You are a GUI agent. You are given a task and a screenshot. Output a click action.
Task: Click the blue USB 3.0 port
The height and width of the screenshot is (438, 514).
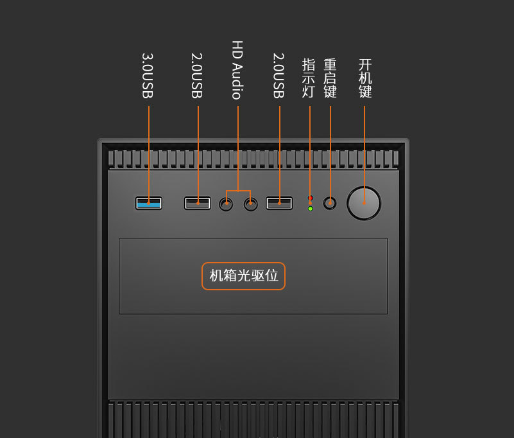point(148,203)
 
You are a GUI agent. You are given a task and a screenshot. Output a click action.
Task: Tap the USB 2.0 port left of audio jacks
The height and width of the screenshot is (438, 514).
point(197,203)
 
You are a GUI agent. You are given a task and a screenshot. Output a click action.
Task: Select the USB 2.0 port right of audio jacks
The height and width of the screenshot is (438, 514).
point(279,203)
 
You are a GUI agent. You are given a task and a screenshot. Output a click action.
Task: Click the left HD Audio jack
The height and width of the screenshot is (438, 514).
point(226,204)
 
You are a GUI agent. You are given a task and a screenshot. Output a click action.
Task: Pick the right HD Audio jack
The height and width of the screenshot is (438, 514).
point(250,204)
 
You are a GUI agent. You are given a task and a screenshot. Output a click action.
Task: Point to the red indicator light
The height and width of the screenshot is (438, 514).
point(310,198)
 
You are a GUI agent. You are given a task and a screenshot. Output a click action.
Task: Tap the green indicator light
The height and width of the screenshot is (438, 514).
point(310,209)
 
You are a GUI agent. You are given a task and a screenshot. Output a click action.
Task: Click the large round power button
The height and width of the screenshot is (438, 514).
point(364,204)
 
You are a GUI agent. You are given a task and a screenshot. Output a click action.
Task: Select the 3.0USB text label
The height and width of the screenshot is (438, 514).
point(148,76)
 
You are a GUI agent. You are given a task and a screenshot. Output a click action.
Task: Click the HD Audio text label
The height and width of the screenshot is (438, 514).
point(237,70)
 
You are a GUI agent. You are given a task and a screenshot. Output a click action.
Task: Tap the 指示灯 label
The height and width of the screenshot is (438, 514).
point(309,78)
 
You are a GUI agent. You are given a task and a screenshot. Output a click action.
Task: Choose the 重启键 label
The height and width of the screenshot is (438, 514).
point(330,78)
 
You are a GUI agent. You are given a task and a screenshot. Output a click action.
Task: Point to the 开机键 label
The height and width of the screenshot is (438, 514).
point(365,78)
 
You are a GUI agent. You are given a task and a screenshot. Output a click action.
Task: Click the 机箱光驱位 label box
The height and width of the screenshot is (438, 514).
point(244,276)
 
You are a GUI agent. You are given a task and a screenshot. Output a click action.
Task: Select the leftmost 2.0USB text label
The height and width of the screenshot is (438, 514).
point(197,76)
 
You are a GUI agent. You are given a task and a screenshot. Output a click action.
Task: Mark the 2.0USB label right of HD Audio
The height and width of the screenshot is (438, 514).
point(278,76)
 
